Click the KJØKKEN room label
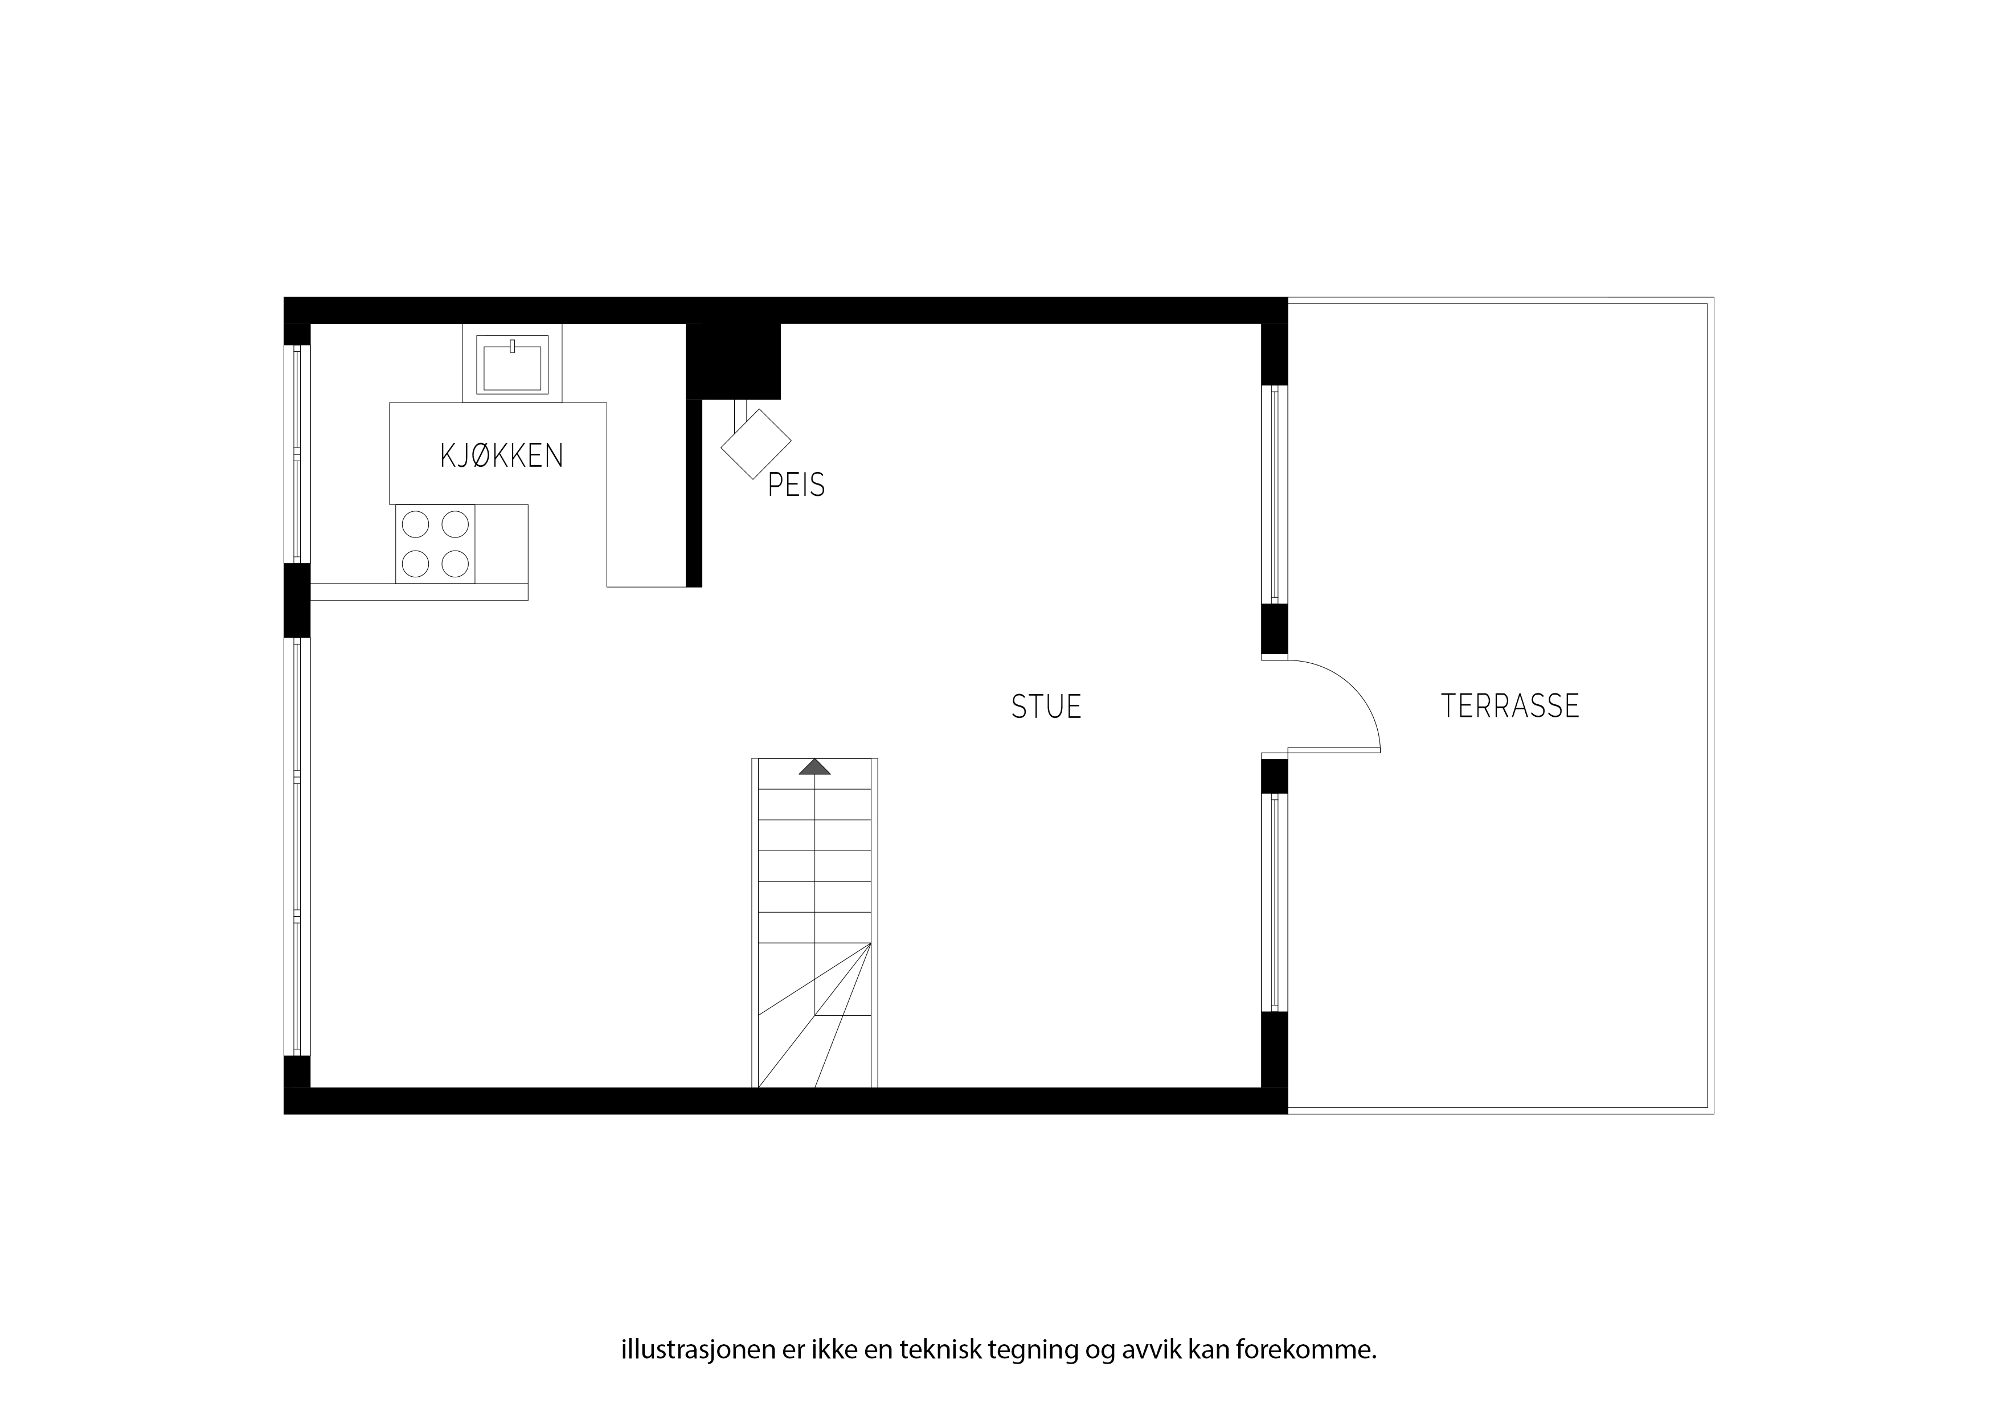tap(502, 456)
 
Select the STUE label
tap(1046, 707)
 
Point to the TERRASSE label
tap(1510, 705)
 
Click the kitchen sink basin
tap(513, 367)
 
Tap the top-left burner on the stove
tap(415, 524)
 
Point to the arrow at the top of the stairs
tap(814, 766)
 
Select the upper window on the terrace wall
tap(1275, 494)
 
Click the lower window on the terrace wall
tap(1275, 902)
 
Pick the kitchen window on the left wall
tap(297, 454)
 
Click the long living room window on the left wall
tap(297, 847)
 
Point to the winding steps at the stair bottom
tap(814, 1015)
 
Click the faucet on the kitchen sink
tap(513, 346)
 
